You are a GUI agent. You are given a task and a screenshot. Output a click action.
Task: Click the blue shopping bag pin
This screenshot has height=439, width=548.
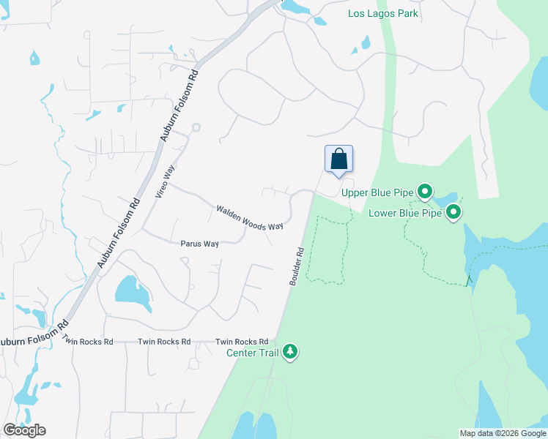pos(338,160)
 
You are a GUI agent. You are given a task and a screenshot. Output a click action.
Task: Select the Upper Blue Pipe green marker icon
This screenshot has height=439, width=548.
pos(425,192)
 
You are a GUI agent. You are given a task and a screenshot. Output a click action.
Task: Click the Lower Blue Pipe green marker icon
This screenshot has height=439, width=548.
pos(453,213)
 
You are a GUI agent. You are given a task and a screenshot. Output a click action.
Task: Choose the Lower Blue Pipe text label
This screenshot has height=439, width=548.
pos(405,213)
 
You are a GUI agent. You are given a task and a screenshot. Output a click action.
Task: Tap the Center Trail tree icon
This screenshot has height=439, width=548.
pos(291,353)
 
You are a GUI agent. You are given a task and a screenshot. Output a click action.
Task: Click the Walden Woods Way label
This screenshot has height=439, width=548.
pos(249,218)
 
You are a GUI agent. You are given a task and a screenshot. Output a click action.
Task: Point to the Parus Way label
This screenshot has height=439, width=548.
pos(199,244)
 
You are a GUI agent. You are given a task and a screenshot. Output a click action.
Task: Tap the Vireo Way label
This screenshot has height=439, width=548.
pos(165,182)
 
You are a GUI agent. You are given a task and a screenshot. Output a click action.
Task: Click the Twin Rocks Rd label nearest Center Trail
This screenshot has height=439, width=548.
pos(241,342)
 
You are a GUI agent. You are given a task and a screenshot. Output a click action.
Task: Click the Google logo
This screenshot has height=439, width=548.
pos(24,429)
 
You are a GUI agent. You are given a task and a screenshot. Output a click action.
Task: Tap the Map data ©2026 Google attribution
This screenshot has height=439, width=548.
pos(503,433)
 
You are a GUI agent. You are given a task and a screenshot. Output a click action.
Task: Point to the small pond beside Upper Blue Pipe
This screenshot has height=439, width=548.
pos(445,199)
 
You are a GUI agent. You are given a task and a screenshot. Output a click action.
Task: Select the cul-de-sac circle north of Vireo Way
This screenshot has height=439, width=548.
pos(196,128)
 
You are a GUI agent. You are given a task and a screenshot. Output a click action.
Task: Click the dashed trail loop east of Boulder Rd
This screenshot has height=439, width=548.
pos(326,250)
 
